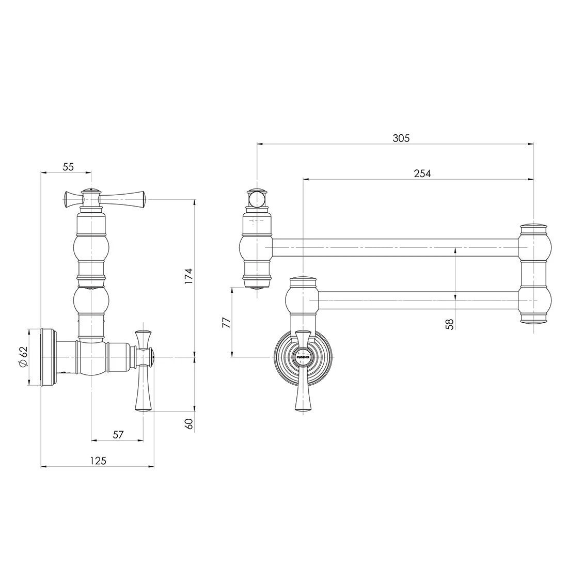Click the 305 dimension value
401,138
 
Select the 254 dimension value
422,173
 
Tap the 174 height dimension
188,276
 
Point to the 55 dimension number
68,167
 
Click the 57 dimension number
118,434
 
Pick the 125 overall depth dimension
98,461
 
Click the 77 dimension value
226,322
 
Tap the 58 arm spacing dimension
450,323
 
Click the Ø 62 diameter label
23,357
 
